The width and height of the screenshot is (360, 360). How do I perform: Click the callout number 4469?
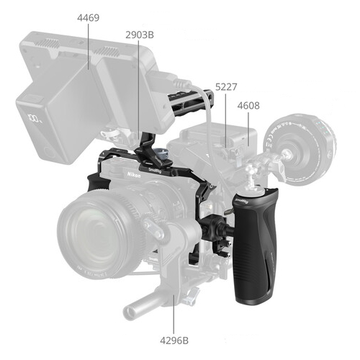coord(88,18)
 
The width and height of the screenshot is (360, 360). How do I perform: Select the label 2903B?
coord(140,35)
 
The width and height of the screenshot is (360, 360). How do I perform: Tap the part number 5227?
coord(226,87)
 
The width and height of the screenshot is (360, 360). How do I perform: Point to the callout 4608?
coord(248,106)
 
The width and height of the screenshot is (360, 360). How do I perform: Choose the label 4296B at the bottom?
coord(174,341)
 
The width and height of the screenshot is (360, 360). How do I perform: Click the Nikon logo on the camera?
coord(134,175)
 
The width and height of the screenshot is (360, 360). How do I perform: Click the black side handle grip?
coord(255,246)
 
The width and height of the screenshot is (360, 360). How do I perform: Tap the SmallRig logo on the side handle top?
coord(241,201)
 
